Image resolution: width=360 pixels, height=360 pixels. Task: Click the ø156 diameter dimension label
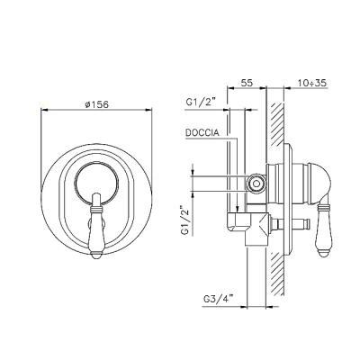pyautogui.click(x=96, y=104)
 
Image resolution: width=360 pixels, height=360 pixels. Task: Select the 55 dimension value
pyautogui.click(x=247, y=83)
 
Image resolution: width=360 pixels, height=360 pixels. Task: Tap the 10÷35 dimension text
pyautogui.click(x=312, y=83)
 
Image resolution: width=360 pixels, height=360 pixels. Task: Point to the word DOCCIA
pyautogui.click(x=202, y=132)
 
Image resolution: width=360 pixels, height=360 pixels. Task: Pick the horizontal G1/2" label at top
pyautogui.click(x=201, y=103)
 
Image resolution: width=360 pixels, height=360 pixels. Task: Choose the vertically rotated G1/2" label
pyautogui.click(x=184, y=220)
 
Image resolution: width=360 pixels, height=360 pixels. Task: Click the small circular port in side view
pyautogui.click(x=256, y=183)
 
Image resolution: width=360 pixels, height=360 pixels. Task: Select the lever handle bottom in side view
pyautogui.click(x=324, y=254)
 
